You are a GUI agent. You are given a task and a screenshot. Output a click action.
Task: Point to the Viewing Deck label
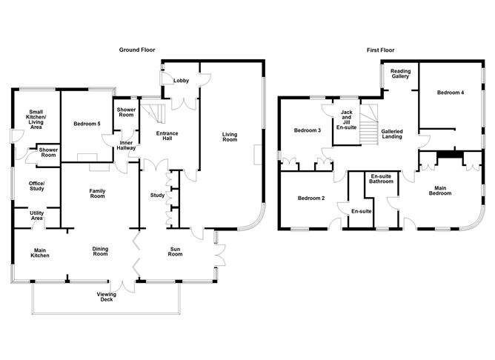[x=107, y=297]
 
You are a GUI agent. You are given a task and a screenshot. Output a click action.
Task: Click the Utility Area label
[x=36, y=216]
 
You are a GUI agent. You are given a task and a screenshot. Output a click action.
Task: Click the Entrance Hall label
[x=167, y=137]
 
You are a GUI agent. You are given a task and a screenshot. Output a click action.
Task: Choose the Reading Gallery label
[x=401, y=74]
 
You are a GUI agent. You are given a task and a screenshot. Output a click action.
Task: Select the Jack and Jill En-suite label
[x=345, y=120]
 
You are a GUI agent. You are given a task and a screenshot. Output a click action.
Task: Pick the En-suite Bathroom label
[x=381, y=179]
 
